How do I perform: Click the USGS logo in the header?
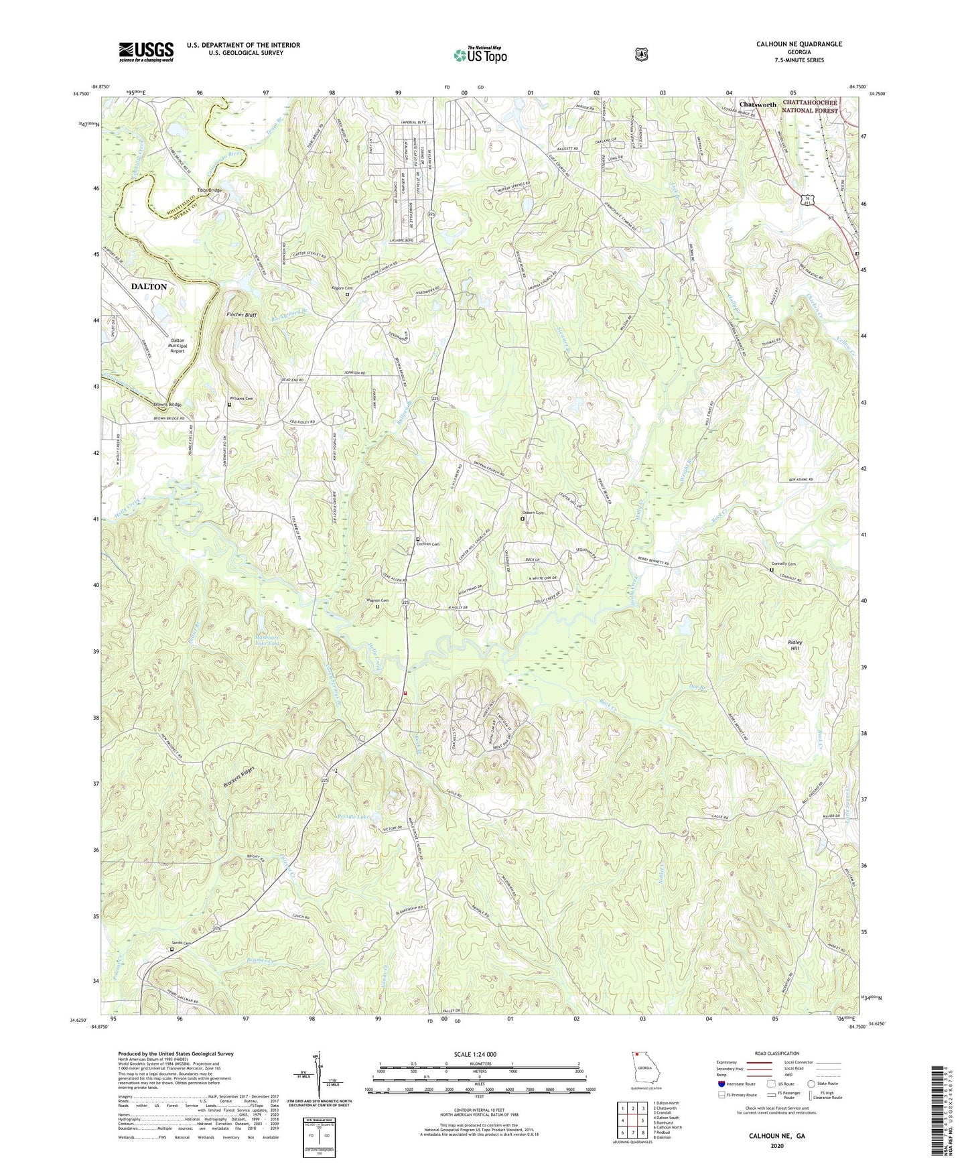pos(146,52)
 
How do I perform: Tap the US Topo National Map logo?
pos(479,54)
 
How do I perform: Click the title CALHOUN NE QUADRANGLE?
pos(799,44)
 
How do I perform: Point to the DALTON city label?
pos(149,286)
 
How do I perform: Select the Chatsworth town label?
pos(758,105)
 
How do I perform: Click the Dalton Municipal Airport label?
pos(177,345)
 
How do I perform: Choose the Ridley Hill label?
pos(794,645)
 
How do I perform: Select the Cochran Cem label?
pos(427,544)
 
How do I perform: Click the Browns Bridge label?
pos(167,405)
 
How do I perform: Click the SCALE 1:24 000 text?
pos(475,1054)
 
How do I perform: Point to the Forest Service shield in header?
pos(641,54)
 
